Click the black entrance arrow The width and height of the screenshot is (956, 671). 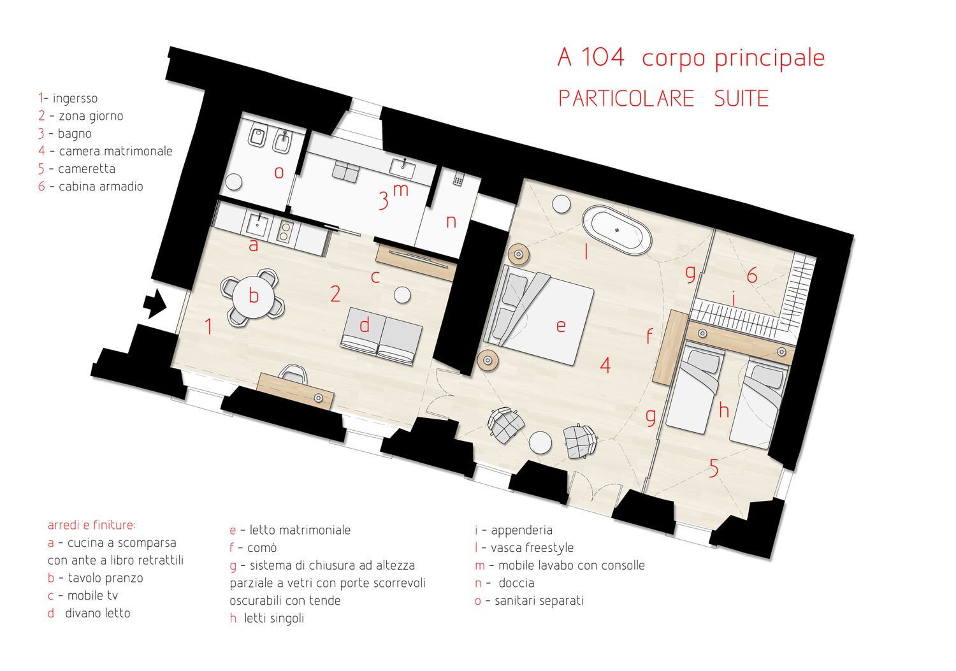(x=155, y=303)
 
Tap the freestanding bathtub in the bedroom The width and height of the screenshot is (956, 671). (x=617, y=231)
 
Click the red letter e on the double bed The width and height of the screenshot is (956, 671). (x=561, y=326)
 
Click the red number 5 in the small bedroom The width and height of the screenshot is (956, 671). (x=714, y=468)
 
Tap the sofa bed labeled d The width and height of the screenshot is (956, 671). (x=382, y=336)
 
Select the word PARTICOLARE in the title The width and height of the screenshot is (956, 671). (x=626, y=99)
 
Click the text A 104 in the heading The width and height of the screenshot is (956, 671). (x=591, y=57)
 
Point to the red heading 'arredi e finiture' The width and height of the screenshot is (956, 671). (x=91, y=525)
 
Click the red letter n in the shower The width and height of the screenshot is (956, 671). (x=451, y=222)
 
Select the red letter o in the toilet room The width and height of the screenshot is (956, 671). (x=279, y=173)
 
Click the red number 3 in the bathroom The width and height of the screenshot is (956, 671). (x=384, y=201)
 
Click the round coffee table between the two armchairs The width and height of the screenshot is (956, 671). (x=540, y=442)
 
